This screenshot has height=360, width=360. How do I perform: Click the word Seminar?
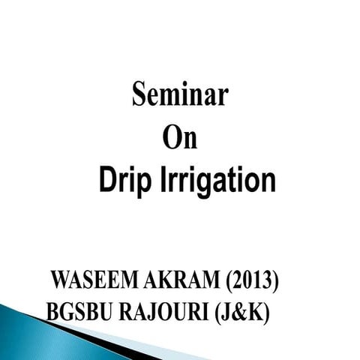point(180,96)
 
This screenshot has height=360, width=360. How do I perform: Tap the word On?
point(180,139)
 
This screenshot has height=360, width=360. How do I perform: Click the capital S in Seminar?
point(140,96)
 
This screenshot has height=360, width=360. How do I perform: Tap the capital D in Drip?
point(107,181)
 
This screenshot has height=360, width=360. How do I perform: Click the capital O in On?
point(172,139)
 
